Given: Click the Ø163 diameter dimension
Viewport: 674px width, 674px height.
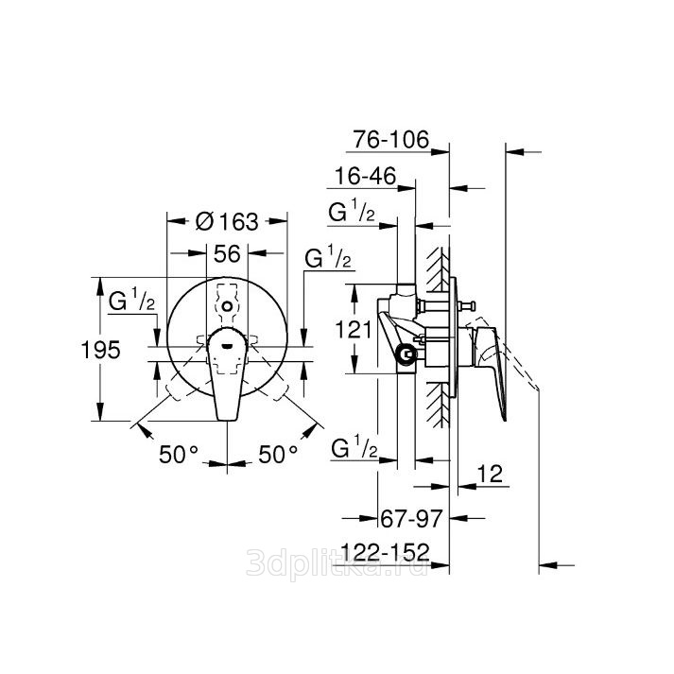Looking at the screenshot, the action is [227, 222].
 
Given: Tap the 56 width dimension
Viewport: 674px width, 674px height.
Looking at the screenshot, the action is [227, 253].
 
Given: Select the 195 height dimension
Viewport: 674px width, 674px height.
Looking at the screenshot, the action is [100, 350].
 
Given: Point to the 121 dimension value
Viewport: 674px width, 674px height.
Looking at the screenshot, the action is [353, 330].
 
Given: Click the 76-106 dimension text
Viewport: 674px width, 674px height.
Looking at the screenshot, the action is [390, 139].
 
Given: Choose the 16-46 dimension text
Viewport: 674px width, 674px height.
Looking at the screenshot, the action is [365, 176].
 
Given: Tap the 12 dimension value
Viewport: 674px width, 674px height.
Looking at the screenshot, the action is [490, 474].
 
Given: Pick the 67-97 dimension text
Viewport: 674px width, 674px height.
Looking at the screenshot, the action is [411, 519].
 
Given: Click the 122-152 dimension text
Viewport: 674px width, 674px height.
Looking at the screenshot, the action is [385, 552].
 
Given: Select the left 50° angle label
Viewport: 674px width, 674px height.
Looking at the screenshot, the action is [179, 455].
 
